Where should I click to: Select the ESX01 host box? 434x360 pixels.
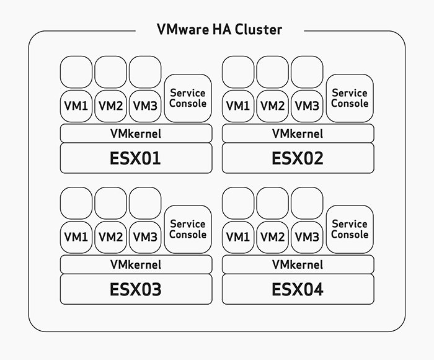(135, 158)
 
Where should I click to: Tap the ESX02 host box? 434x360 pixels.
(298, 158)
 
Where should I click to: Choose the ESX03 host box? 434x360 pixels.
(135, 289)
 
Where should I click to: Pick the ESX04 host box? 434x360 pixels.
(298, 289)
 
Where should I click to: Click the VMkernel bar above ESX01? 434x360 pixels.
(135, 133)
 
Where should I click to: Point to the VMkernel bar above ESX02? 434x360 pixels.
(298, 133)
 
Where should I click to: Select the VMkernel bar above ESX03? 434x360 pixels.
(135, 264)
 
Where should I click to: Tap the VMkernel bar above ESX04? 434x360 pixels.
(298, 264)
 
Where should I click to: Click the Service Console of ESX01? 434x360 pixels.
(188, 98)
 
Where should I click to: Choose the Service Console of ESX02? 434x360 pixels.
(350, 98)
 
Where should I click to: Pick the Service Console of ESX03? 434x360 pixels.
(188, 229)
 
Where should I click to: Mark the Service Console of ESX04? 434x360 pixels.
(350, 229)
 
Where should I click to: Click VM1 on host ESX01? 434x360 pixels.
(76, 106)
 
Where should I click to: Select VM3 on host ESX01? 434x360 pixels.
(145, 106)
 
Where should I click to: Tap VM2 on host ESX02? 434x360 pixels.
(272, 106)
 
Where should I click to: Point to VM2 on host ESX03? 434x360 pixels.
(110, 237)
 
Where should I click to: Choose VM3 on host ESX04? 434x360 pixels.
(307, 237)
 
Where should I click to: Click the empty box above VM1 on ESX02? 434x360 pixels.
(238, 72)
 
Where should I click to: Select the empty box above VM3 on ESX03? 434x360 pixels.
(145, 204)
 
